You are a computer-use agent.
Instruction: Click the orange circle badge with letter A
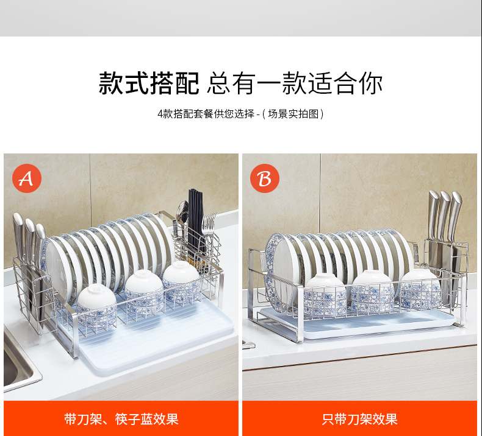[x=27, y=178]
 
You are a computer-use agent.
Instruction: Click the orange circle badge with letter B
[x=265, y=178]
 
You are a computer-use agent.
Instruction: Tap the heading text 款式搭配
[x=149, y=83]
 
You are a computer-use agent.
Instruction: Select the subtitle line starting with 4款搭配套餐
[x=240, y=114]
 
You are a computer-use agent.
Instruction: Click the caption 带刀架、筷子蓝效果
[x=121, y=419]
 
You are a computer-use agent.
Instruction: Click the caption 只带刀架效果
[x=359, y=419]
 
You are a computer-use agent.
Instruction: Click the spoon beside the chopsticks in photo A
[x=182, y=215]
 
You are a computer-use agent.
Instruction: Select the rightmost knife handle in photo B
[x=455, y=215]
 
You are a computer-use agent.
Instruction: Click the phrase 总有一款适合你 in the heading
[x=295, y=83]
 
